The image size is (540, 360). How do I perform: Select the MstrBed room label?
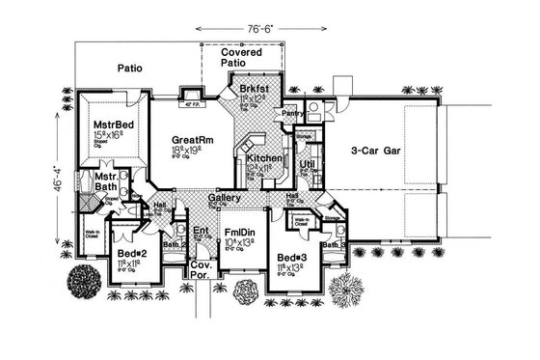(113, 125)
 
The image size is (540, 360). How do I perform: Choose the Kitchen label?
(263, 157)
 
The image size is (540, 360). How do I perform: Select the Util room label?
(307, 165)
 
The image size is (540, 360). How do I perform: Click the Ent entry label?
(201, 231)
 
